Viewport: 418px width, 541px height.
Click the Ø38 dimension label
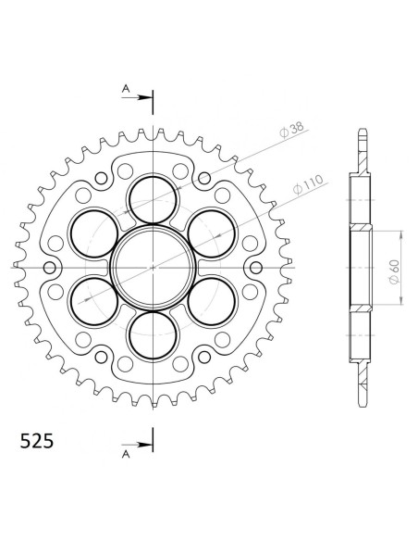[292, 130]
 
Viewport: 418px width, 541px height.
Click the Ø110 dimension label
[309, 184]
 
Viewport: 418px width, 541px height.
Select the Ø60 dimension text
[394, 271]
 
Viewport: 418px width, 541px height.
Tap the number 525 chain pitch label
[36, 441]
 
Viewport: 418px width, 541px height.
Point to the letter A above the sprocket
[126, 89]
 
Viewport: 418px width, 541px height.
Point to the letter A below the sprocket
[126, 455]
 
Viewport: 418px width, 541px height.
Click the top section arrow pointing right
[137, 97]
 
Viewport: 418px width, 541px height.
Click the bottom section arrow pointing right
[137, 445]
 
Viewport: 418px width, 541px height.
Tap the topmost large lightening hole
[153, 200]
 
